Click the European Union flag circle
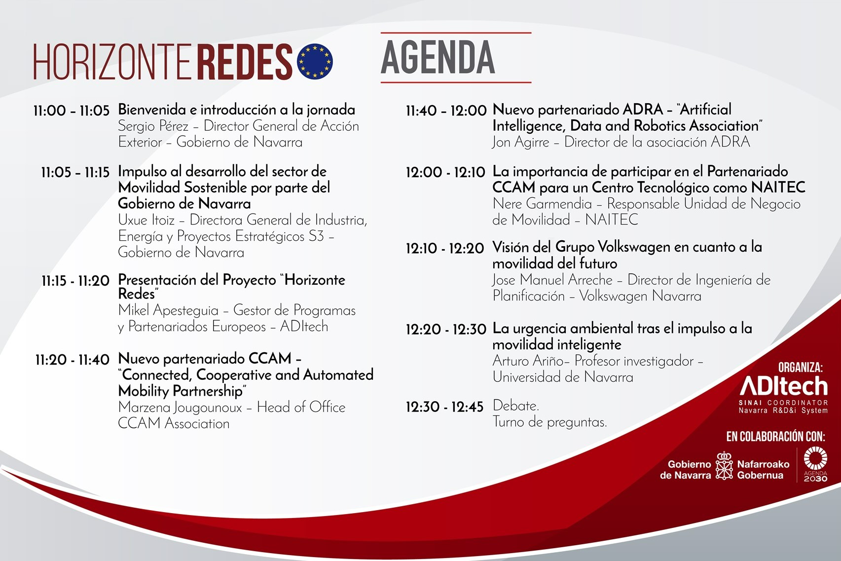pos(315,61)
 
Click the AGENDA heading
pos(438,57)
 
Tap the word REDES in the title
pos(245,62)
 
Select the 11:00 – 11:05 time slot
pos(72,111)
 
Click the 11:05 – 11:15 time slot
pos(75,172)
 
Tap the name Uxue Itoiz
pos(146,220)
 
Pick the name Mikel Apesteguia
pos(168,310)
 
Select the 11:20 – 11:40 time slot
pos(72,360)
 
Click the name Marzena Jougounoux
pos(180,408)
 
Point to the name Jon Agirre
pos(521,142)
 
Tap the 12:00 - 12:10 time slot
pos(445,172)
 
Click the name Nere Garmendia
pos(542,204)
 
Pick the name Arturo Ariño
pos(528,361)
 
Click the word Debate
pos(516,406)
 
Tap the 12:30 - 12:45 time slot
pos(444,407)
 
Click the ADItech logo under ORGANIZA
pos(784,387)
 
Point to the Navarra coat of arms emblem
pos(724,466)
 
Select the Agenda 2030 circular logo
pos(815,463)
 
